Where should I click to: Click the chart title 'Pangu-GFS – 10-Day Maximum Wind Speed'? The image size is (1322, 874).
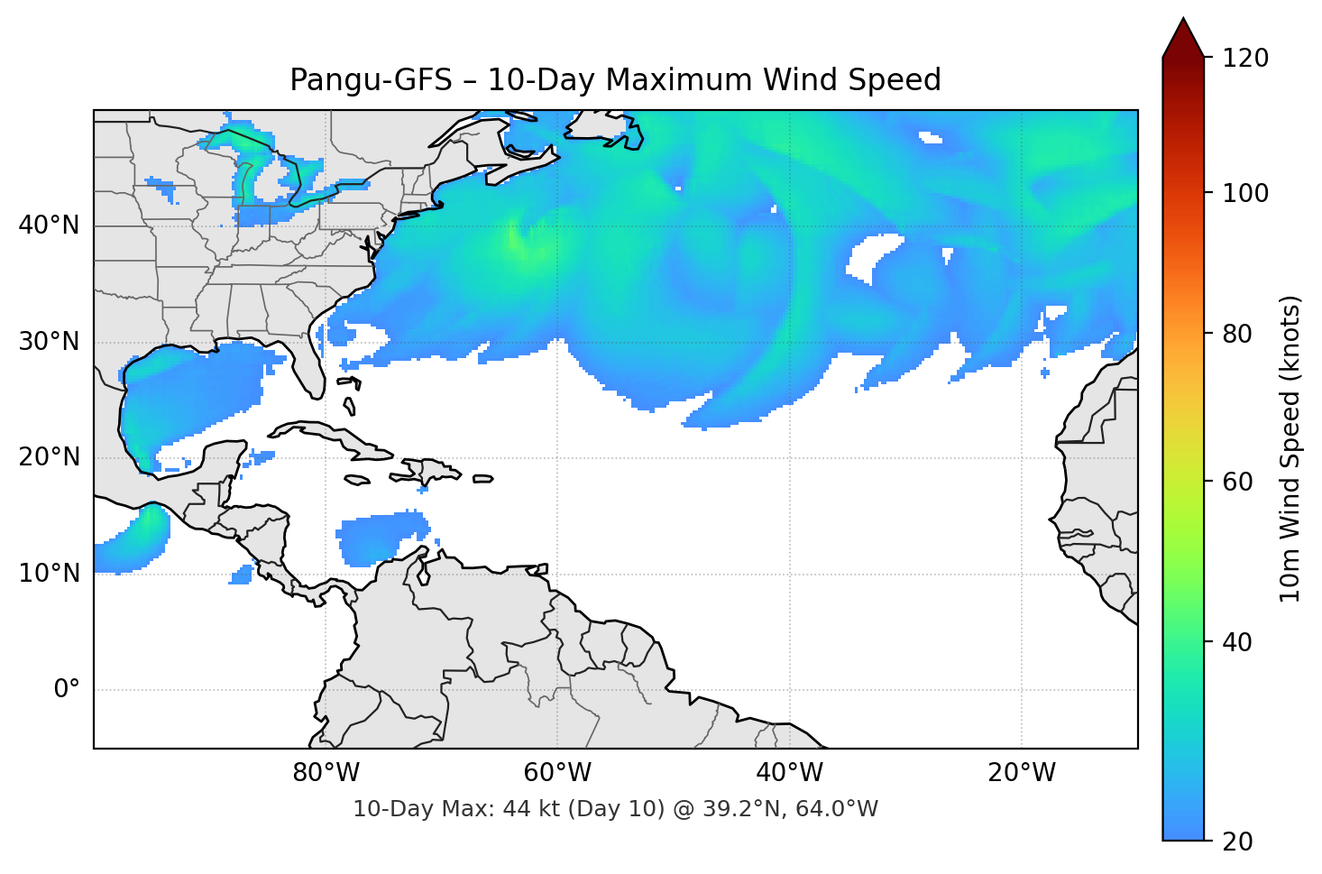(615, 80)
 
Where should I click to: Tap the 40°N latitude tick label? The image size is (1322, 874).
(49, 225)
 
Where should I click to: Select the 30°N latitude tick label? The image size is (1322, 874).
(49, 342)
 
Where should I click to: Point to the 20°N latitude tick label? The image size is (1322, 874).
(49, 457)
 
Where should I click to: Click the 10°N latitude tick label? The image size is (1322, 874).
(49, 574)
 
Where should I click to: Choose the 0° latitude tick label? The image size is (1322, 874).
(66, 690)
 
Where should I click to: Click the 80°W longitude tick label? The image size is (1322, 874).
(326, 773)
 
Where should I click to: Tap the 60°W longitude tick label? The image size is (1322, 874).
(557, 773)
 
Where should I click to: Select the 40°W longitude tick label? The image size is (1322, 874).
(789, 773)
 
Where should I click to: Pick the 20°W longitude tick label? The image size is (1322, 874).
(1021, 773)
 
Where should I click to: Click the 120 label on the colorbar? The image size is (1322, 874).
(1244, 59)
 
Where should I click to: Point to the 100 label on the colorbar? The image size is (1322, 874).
(1244, 193)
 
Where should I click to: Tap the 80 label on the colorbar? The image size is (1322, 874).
(1237, 334)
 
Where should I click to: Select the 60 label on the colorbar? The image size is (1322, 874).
(1237, 482)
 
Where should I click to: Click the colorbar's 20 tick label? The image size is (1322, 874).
(1237, 842)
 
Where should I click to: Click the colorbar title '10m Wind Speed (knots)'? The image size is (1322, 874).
(1290, 448)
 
